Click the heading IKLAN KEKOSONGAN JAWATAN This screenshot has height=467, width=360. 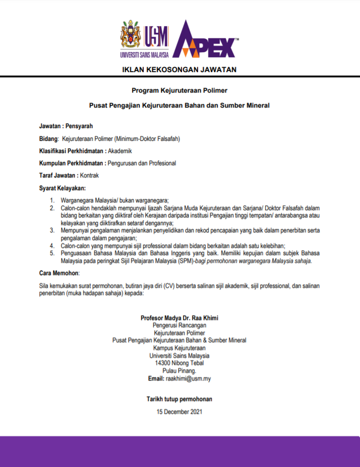click(179, 69)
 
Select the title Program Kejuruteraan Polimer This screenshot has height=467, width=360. click(180, 90)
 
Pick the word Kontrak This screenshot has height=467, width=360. click(89, 175)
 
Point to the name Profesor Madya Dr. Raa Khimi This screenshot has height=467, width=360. click(179, 318)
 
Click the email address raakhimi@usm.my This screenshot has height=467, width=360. click(189, 379)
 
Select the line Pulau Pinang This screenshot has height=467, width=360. click(179, 371)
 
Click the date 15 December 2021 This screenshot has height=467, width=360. click(179, 412)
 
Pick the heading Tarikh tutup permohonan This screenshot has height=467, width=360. click(179, 399)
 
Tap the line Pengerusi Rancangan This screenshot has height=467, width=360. click(179, 326)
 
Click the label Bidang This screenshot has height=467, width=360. click(49, 138)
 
